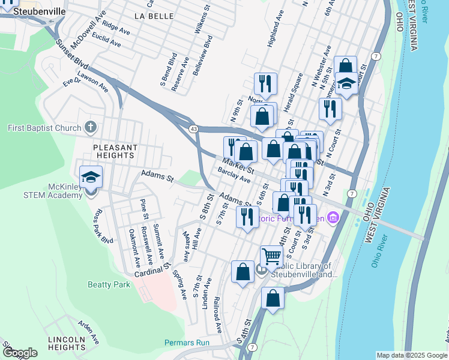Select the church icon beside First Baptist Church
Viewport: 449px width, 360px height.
coord(90,127)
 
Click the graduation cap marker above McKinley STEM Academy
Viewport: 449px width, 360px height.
coord(91,176)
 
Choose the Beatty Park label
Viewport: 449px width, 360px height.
coord(109,284)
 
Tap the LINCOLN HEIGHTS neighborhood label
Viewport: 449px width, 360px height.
coord(67,343)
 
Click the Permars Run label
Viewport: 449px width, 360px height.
coord(187,343)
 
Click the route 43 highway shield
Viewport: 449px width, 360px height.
coord(193,129)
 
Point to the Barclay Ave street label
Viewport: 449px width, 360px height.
coord(234,175)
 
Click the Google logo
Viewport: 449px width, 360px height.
coord(20,353)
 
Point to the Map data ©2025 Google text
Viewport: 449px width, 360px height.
coord(411,355)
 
